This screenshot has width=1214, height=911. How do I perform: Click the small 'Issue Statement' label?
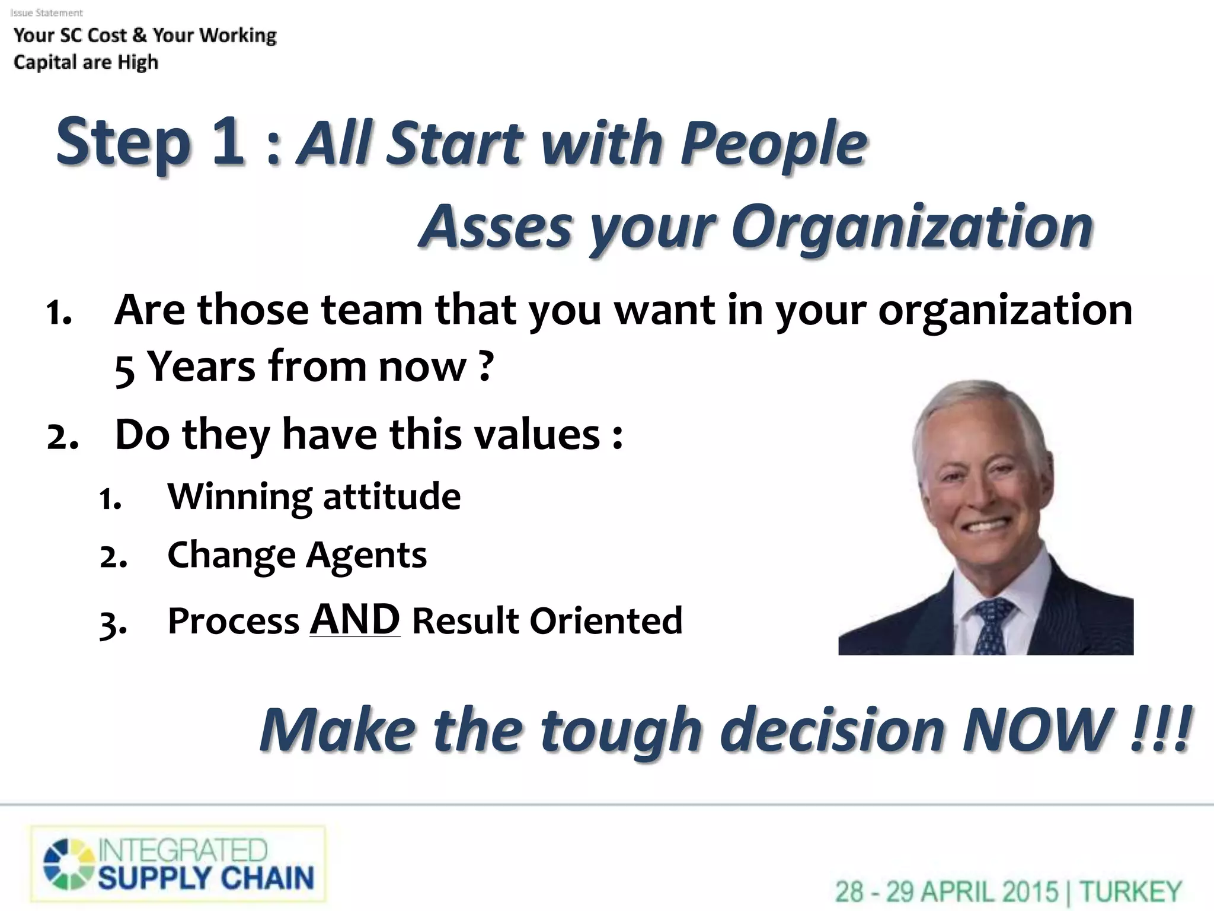(x=47, y=12)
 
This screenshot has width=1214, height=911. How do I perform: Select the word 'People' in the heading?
(x=773, y=144)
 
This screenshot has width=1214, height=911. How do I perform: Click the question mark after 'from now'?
(x=485, y=365)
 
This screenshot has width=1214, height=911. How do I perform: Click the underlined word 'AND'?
(x=354, y=619)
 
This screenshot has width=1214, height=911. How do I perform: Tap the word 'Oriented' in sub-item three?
(x=605, y=621)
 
